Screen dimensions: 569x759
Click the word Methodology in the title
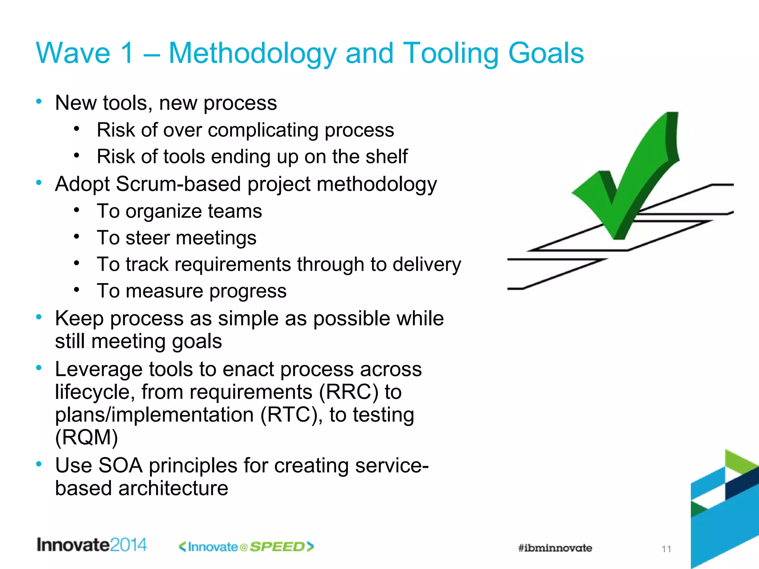[252, 54]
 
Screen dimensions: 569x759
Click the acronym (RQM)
[86, 437]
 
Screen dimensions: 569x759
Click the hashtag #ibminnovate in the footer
[555, 548]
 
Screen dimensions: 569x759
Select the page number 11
[666, 549]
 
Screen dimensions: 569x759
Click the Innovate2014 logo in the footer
[92, 545]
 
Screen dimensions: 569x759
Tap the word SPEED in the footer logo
[277, 547]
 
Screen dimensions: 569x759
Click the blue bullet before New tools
[39, 102]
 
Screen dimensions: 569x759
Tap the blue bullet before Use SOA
[39, 464]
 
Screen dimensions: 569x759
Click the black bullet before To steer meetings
[76, 236]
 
